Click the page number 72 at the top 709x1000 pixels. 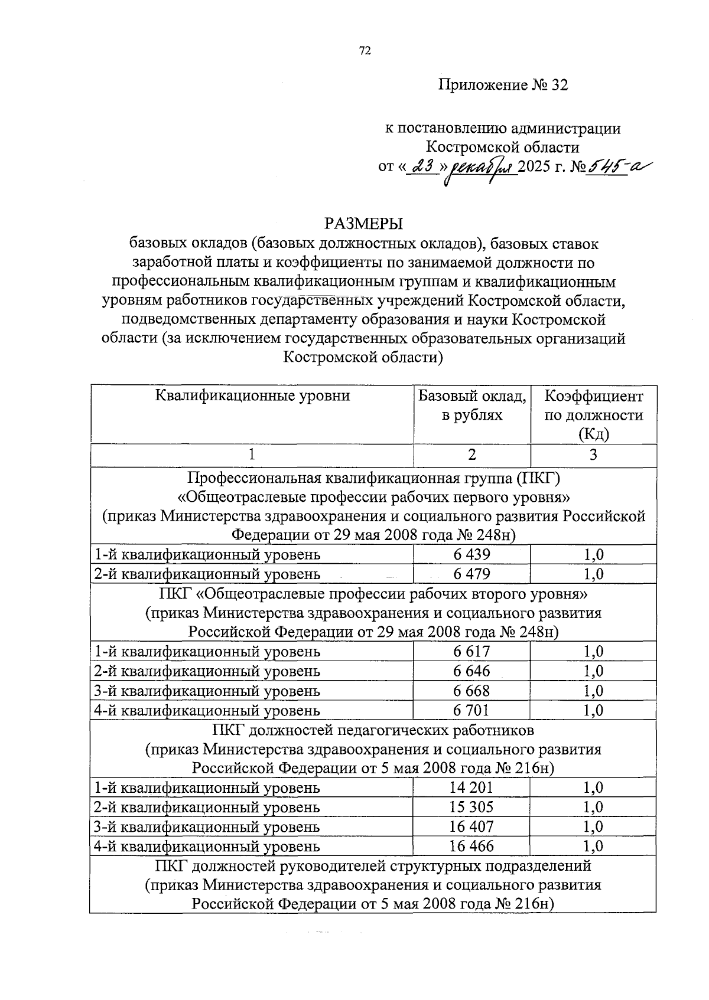pos(365,51)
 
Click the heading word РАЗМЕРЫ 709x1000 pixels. pos(363,224)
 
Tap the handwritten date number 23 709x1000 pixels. pos(422,167)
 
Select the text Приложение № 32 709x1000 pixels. pos(503,85)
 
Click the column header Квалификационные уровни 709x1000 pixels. pos(252,396)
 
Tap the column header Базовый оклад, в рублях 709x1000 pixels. pos(472,405)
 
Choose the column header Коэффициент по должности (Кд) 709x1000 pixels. pos(593,414)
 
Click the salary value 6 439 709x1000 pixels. pos(472,554)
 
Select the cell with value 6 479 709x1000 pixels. pos(472,574)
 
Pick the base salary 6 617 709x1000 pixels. pos(472,651)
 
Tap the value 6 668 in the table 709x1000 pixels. pos(472,690)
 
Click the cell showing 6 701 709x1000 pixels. pos(472,710)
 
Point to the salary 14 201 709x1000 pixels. pos(471,787)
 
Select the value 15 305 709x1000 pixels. pos(471,807)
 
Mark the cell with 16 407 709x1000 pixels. pos(471,826)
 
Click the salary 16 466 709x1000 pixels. pos(471,846)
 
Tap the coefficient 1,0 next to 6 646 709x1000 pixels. pos(593,671)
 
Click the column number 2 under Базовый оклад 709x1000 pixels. pos(471,455)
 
